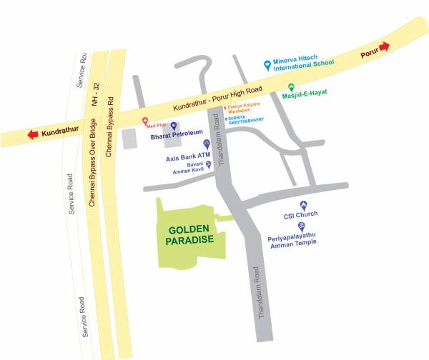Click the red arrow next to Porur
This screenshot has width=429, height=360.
point(385,47)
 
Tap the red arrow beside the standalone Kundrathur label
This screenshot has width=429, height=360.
point(31,134)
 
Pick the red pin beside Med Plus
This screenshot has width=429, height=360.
point(145,120)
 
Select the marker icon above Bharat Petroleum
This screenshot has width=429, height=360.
point(173,126)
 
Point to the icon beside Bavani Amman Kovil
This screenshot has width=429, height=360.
point(209,164)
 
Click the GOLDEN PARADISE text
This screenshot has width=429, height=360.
point(190,235)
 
